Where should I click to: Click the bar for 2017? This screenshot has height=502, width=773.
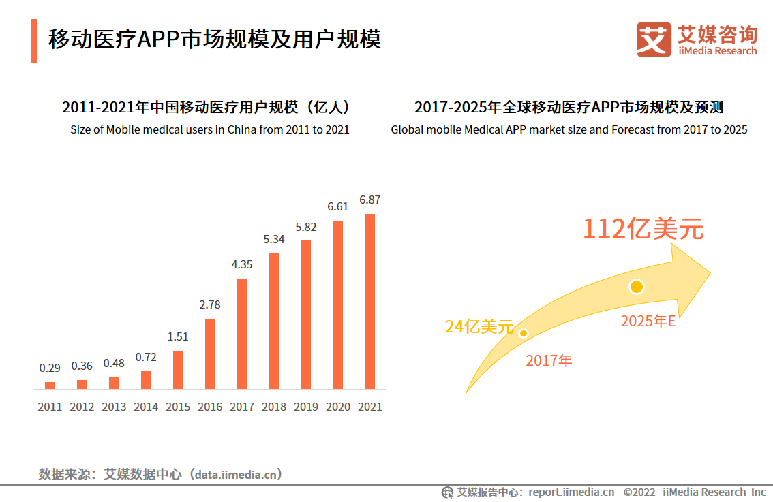(242, 334)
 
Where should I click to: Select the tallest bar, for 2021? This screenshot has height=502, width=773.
(369, 301)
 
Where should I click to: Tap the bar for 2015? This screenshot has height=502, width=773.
(178, 370)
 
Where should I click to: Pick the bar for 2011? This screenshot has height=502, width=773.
(50, 386)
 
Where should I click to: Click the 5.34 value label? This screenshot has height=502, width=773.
(274, 239)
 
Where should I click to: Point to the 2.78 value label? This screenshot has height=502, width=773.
(210, 305)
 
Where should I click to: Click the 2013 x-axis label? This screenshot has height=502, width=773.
(114, 407)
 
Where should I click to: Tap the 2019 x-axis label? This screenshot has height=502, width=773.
(306, 407)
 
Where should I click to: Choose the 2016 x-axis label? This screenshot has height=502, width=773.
(210, 407)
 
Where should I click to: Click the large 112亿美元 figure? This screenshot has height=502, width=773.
(642, 230)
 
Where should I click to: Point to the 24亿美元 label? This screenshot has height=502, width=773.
(479, 327)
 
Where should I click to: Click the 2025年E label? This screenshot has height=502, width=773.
(648, 321)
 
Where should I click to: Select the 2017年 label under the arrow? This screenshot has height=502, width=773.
(549, 361)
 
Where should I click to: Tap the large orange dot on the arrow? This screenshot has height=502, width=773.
(637, 287)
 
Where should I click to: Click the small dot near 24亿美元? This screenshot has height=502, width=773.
(524, 333)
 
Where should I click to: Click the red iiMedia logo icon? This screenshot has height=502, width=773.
(654, 40)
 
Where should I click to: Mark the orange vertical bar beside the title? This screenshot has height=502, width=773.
(34, 41)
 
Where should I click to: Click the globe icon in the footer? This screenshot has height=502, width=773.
(447, 492)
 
